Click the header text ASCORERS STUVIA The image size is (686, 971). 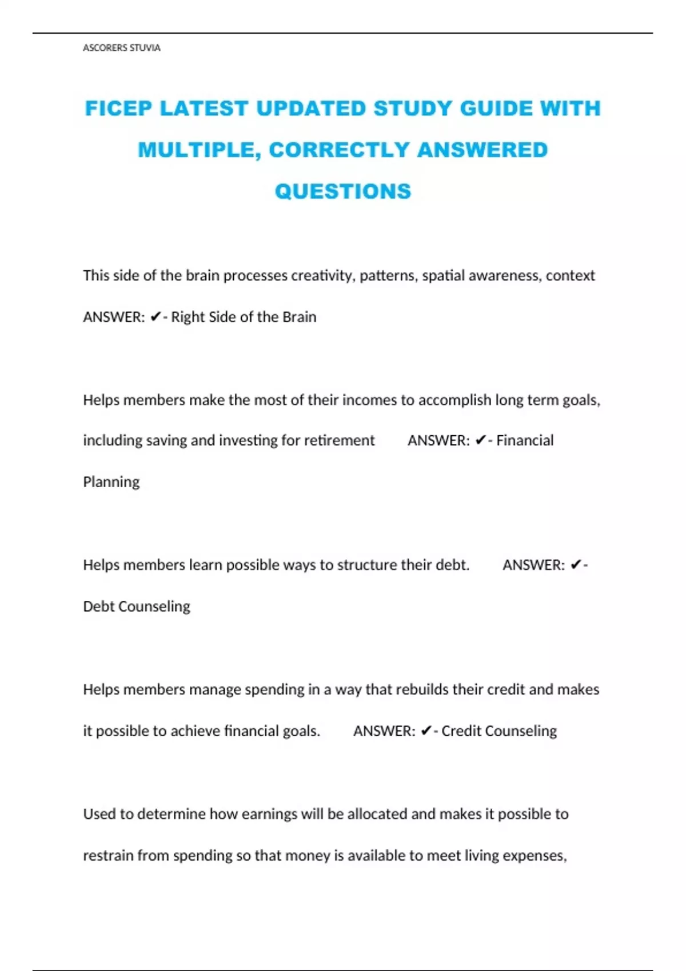tap(121, 48)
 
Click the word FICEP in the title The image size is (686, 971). tap(118, 109)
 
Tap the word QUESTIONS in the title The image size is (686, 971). tap(343, 191)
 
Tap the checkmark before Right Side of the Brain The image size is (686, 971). tap(155, 317)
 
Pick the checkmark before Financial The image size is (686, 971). tap(481, 440)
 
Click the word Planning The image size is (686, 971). tap(111, 482)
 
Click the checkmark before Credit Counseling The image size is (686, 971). tap(426, 731)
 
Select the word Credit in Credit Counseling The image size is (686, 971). tap(461, 731)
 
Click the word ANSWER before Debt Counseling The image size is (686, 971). tap(533, 565)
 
